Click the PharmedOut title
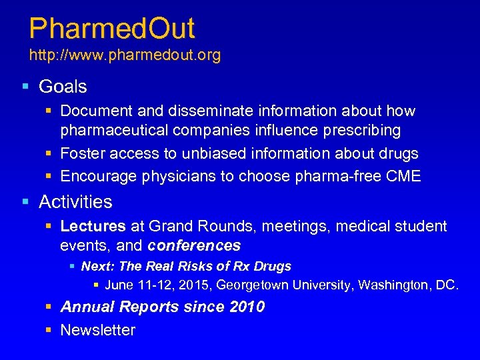(x=112, y=29)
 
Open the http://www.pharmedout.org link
(x=125, y=55)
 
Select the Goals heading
(x=63, y=87)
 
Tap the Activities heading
(x=75, y=201)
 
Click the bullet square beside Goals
(x=25, y=87)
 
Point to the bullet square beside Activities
(x=25, y=201)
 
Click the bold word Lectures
(x=93, y=227)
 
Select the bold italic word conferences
(x=194, y=245)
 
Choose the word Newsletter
(x=97, y=330)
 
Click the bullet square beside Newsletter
(x=50, y=330)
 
